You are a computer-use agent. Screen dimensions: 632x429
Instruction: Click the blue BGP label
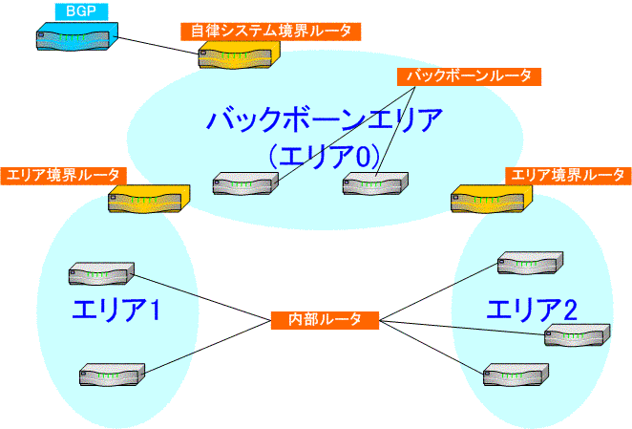click(81, 11)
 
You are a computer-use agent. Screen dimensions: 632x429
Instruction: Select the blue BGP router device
click(77, 36)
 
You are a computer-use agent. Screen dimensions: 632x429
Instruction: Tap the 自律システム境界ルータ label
click(270, 32)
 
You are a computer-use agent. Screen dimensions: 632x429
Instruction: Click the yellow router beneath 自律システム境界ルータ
click(239, 54)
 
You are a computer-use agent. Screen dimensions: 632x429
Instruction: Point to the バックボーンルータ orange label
click(469, 76)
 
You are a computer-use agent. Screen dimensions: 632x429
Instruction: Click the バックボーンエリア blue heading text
click(325, 119)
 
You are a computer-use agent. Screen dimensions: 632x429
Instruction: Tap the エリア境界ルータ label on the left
click(64, 176)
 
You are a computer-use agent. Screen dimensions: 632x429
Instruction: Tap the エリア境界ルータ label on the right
click(568, 176)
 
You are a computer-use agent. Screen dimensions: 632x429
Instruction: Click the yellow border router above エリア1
click(149, 199)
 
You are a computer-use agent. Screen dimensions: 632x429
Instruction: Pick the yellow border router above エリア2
click(492, 199)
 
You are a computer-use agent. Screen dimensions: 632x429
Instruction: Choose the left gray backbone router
click(245, 183)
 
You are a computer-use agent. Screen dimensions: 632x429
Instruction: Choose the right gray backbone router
click(375, 183)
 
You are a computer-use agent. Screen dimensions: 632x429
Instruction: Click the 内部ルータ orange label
click(325, 320)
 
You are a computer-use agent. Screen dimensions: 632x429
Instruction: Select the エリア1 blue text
click(116, 310)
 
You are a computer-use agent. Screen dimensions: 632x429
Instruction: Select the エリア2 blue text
click(532, 310)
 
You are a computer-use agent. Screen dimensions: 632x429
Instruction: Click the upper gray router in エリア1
click(101, 273)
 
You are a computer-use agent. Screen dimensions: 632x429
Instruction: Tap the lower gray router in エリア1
click(112, 375)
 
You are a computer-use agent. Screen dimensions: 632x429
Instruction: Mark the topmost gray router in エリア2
click(530, 263)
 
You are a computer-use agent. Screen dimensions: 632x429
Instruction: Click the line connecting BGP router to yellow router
click(158, 46)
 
